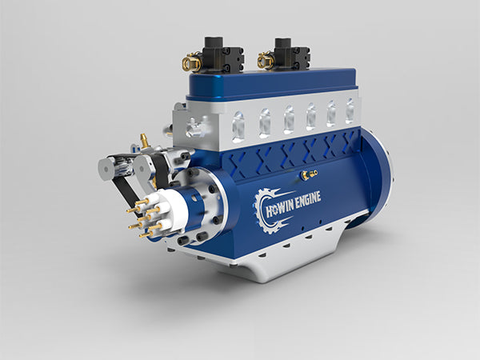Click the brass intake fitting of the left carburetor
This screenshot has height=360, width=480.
click(192, 62)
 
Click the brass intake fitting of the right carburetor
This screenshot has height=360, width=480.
click(266, 59)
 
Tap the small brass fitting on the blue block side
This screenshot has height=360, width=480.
click(308, 173)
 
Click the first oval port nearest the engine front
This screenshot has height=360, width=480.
click(238, 126)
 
